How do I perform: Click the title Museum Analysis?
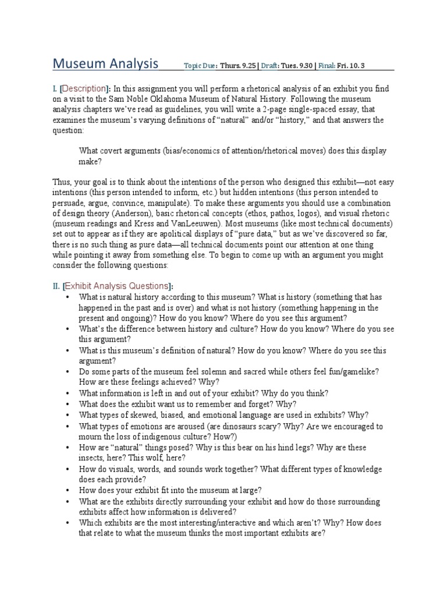click(105, 63)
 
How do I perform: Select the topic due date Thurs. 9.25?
click(236, 66)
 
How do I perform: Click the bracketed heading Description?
click(84, 88)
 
